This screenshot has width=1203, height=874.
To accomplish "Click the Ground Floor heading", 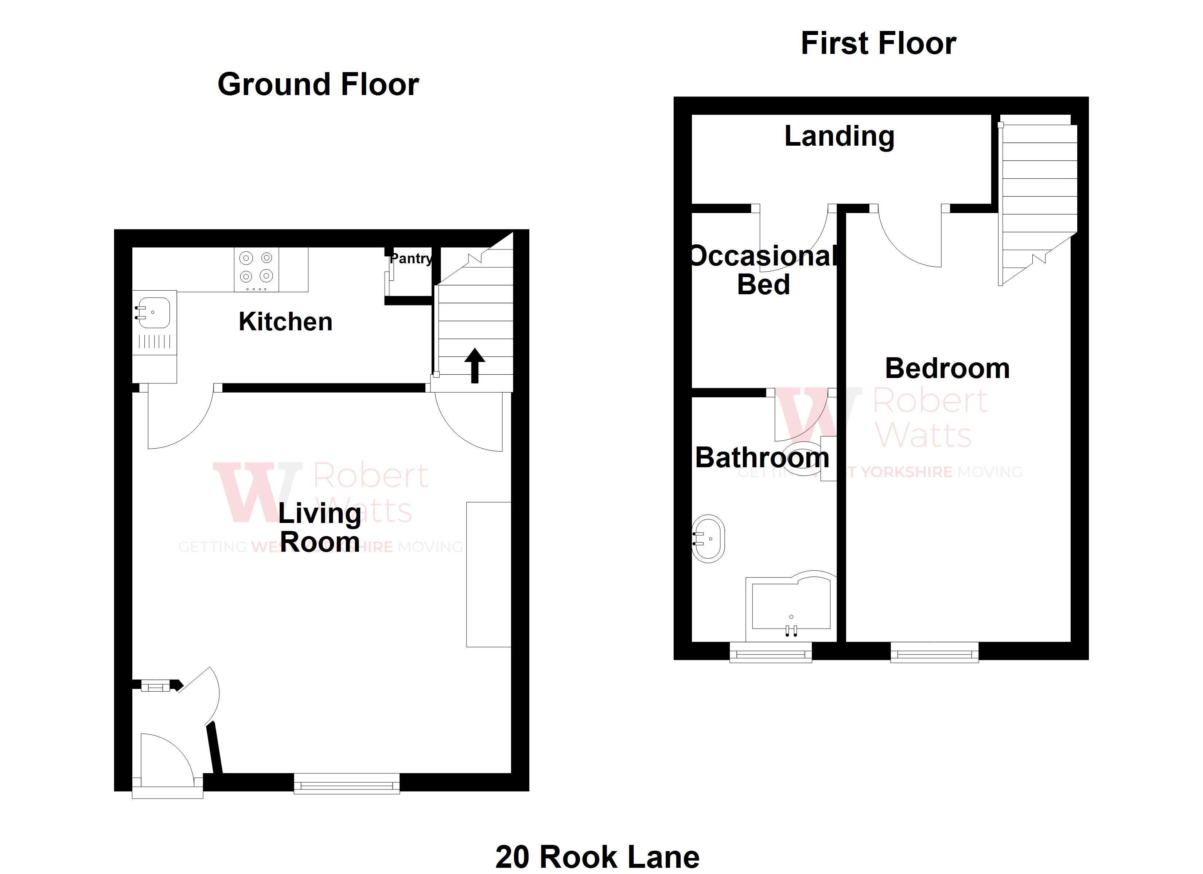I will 318,85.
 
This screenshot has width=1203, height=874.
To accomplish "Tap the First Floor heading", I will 879,43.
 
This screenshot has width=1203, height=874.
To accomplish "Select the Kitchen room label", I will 285,322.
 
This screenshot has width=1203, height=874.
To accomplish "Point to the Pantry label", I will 410,259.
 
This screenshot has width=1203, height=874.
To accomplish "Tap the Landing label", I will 839,136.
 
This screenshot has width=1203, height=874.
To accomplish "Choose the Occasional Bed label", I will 764,270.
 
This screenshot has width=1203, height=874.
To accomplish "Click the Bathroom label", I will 762,457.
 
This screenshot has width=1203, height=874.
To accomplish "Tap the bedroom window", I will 934,653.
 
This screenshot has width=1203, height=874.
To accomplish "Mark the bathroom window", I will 771,653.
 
